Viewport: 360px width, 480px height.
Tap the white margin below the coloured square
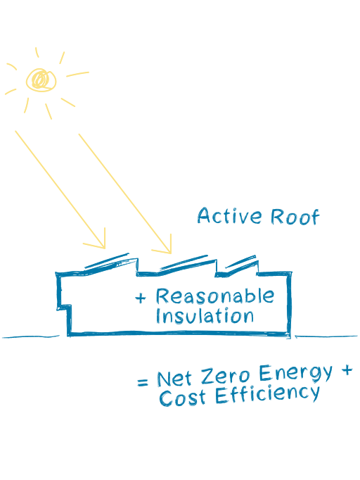click(180, 443)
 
